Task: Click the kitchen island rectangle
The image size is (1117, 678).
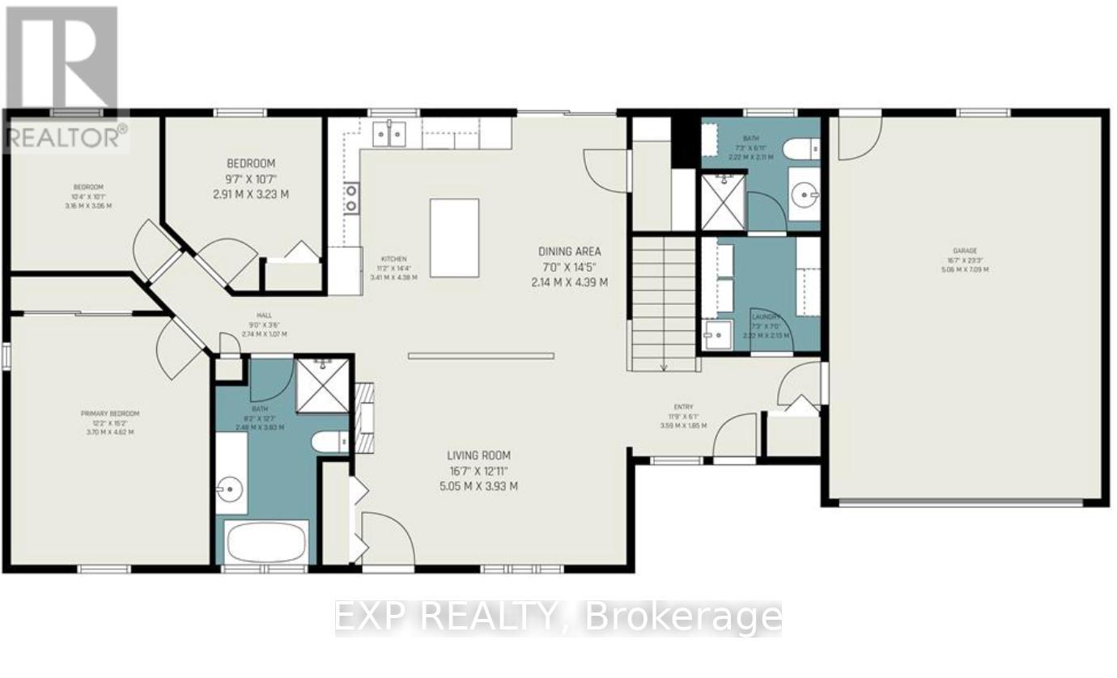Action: coord(454,238)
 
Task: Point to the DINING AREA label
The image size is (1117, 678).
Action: coord(570,252)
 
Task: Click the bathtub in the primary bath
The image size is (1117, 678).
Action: coord(267,541)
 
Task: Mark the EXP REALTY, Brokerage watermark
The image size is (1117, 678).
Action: coord(558,618)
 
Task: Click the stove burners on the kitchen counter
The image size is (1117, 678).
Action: coord(352,197)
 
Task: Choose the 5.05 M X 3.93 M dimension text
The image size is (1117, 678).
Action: coord(474,486)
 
